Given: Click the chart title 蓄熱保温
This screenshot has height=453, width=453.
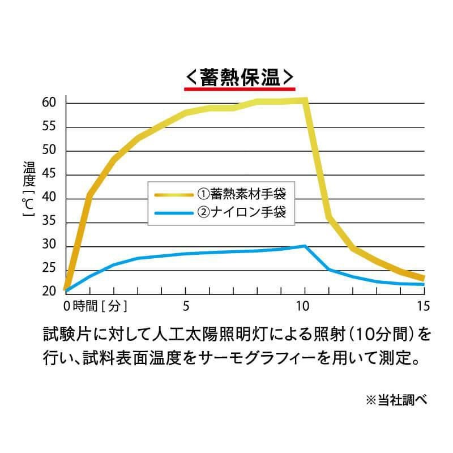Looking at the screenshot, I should point(240,76).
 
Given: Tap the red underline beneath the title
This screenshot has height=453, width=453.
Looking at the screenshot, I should point(240,89).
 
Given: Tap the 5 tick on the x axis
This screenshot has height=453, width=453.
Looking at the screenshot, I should point(186,306).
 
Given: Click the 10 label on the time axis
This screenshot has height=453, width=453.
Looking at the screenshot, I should point(305,306).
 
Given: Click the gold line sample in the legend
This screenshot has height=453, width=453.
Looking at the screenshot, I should point(174,194).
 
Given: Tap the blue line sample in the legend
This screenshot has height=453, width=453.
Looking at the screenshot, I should point(174,213).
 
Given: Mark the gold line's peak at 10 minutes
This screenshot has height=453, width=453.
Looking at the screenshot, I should point(305,101).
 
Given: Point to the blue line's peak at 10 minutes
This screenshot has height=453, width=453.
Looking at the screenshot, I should point(305,246).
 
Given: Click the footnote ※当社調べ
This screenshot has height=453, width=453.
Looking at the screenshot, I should point(396,400).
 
